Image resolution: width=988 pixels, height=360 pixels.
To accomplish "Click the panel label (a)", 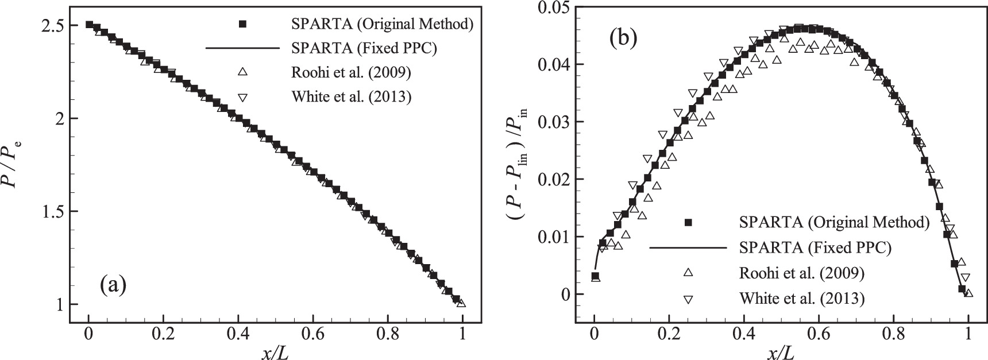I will pos(113,284).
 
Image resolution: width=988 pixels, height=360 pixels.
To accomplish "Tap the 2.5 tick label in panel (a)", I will pos(55,25).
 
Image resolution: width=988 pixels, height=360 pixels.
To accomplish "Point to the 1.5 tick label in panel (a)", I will pos(55,211).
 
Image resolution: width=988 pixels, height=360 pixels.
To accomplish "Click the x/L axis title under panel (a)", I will pos(275,350).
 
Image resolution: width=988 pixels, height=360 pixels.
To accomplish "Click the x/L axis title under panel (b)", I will pos(781,350).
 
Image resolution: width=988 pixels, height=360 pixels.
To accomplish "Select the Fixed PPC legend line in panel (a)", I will pos(242,48).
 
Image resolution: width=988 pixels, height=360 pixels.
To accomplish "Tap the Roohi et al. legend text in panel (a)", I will pos(352,72).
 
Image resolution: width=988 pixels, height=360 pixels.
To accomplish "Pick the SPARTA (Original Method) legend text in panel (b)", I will pos(835,223).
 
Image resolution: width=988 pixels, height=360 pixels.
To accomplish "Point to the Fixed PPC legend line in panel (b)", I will pos(688,248).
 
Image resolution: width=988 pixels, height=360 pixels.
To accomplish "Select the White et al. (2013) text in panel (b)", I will pos(802,298).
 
